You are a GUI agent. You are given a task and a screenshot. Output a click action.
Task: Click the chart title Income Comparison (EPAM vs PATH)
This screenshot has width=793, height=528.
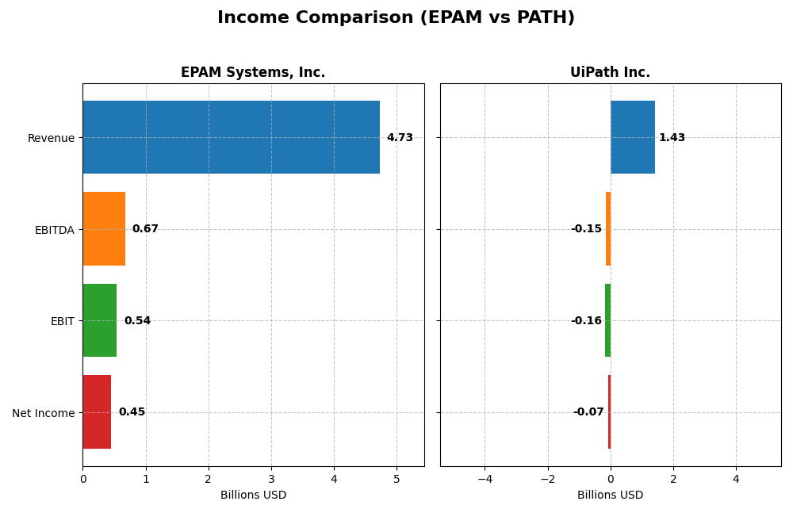(396, 18)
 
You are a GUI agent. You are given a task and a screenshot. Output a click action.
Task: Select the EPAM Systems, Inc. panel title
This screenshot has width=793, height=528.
(253, 73)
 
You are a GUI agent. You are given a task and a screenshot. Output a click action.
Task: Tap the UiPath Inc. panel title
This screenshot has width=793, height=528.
(610, 73)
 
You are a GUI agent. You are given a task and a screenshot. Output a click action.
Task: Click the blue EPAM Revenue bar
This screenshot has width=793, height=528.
(231, 137)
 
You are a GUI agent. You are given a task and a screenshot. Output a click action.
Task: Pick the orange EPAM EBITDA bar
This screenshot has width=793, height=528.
(104, 229)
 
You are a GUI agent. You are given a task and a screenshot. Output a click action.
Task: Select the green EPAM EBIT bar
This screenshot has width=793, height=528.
(100, 320)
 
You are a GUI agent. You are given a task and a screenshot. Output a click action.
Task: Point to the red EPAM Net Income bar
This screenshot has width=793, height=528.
(97, 412)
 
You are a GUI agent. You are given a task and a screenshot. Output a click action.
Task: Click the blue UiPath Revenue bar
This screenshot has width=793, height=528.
(633, 137)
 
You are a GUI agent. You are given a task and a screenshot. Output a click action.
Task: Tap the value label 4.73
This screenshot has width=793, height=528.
(400, 138)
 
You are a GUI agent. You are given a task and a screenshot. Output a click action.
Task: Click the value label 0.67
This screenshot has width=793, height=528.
(145, 229)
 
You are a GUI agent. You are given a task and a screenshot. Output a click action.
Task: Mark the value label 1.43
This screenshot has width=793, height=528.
(672, 138)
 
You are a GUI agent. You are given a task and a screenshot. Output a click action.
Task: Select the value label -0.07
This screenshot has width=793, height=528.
(588, 412)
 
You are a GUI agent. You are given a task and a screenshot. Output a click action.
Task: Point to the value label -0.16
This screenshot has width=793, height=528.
(586, 321)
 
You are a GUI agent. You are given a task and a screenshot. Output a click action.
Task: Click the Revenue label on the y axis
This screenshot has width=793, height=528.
(51, 138)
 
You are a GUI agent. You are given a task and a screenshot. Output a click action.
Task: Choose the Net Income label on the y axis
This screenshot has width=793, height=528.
(43, 413)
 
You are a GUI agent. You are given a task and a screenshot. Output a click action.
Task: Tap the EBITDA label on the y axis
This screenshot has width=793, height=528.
(54, 230)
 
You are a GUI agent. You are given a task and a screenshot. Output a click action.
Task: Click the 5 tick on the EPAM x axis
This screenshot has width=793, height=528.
(396, 479)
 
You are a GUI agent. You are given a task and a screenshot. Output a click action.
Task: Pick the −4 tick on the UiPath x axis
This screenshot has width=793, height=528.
(485, 479)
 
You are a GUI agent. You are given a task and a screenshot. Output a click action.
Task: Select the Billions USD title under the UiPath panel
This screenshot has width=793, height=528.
(610, 495)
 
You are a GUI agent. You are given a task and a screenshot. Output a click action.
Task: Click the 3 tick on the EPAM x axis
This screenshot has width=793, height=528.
(271, 479)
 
